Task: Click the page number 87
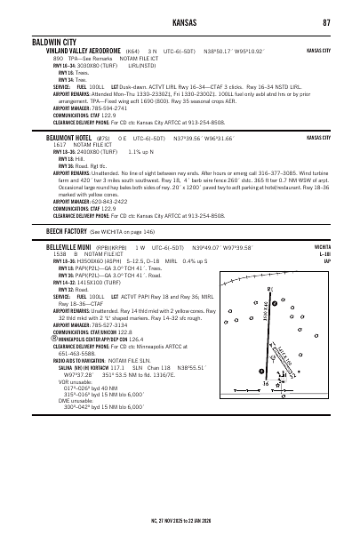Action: click(x=328, y=21)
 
